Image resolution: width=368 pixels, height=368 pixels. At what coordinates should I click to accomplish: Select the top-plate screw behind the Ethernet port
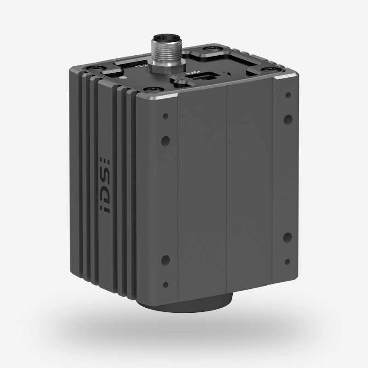coord(212,49)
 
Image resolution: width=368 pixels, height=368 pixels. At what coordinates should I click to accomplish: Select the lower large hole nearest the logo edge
coord(166,259)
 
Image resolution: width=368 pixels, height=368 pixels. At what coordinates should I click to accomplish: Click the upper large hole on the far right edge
coord(287,118)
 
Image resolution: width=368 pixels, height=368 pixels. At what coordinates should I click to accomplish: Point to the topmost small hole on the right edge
coord(287,96)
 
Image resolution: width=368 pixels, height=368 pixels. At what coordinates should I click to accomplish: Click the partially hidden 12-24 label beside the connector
coord(137,66)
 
